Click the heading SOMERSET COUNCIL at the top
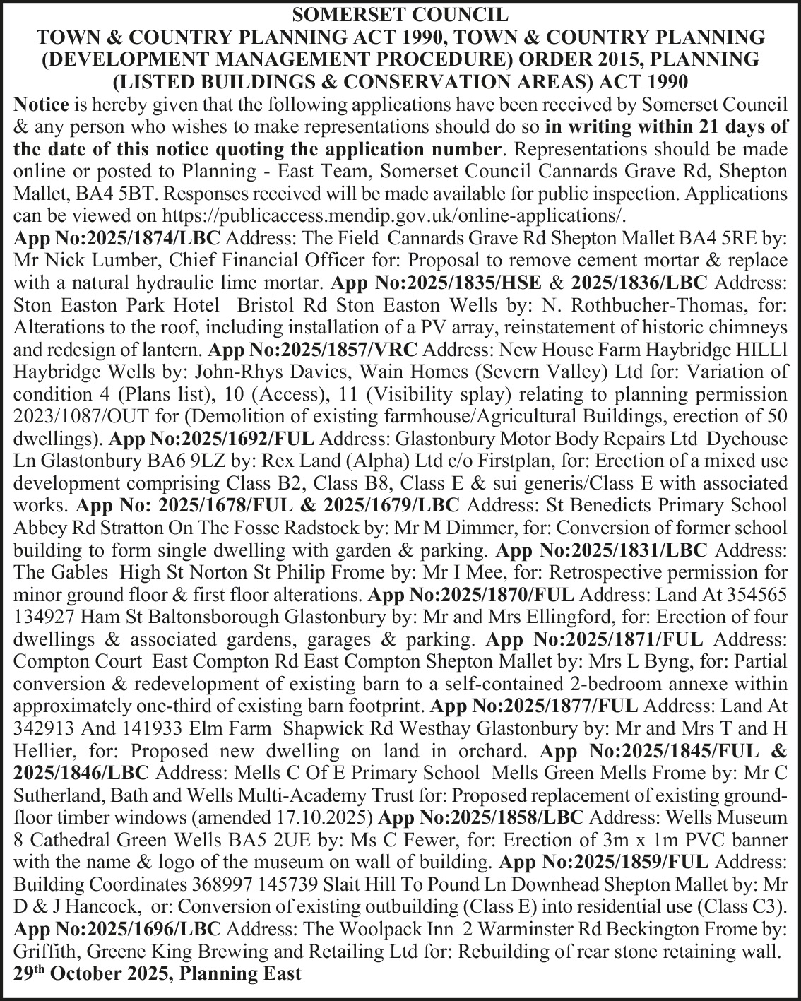pos(400,14)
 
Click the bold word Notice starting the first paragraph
pos(41,105)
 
